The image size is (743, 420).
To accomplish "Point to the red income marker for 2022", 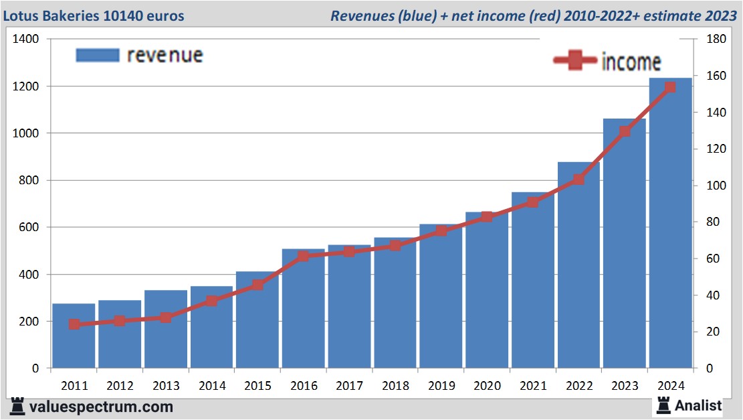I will click(579, 180).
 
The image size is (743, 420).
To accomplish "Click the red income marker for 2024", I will click(671, 88).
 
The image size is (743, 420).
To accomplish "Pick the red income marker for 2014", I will click(212, 301).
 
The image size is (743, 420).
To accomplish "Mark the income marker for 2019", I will click(441, 231).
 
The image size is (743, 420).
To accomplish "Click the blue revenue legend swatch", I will click(97, 55).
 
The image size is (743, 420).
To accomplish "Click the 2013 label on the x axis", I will click(166, 386).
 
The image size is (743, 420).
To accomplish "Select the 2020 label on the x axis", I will click(488, 386).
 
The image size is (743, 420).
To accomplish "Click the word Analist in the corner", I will click(698, 405).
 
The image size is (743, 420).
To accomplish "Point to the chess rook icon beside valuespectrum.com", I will click(18, 406).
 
